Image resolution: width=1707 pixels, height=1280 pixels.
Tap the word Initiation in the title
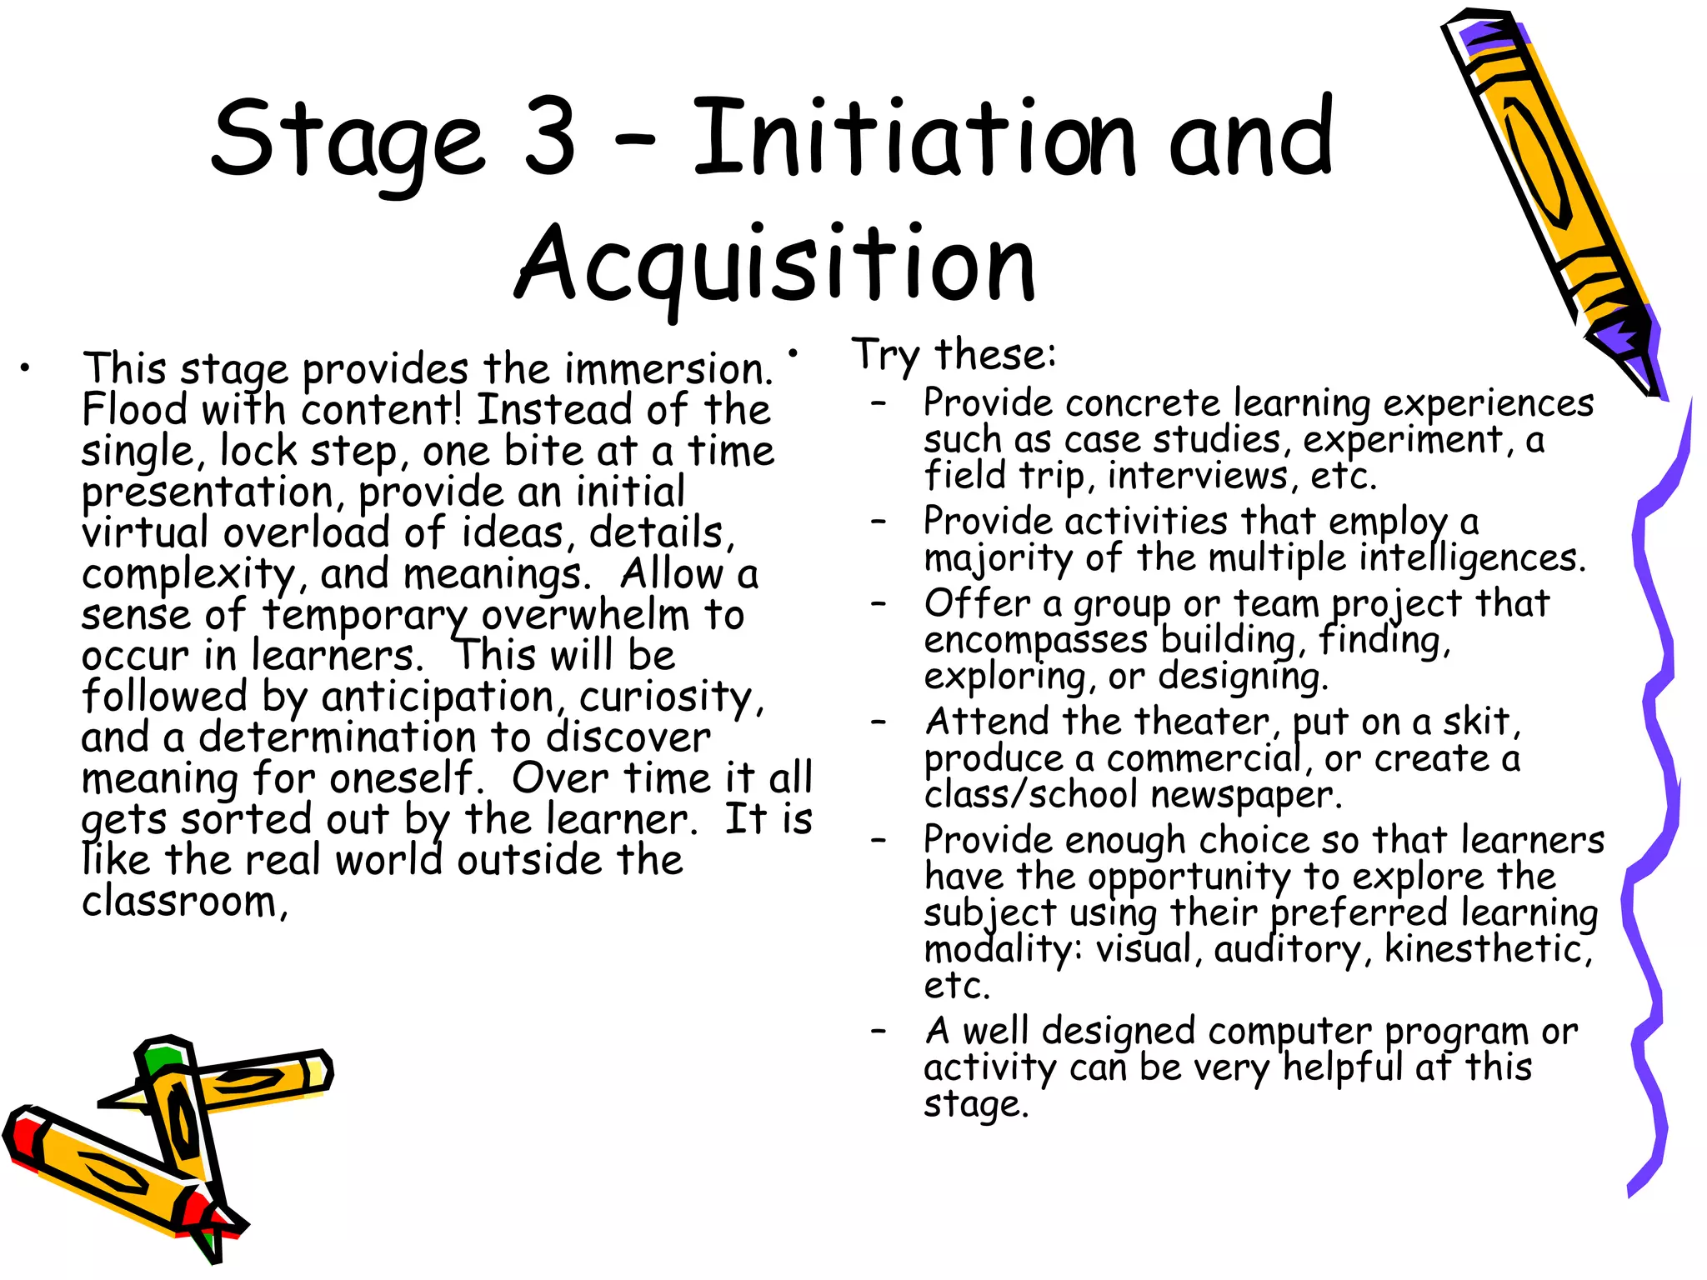point(914,137)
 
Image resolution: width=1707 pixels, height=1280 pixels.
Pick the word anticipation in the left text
point(438,697)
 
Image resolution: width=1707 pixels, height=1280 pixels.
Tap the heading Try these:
point(954,355)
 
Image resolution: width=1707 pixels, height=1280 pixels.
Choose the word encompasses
point(1036,640)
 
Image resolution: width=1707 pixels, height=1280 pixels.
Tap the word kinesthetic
point(1487,949)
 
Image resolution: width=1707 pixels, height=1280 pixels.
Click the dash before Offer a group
point(879,602)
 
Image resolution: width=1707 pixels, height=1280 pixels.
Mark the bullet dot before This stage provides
point(27,367)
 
